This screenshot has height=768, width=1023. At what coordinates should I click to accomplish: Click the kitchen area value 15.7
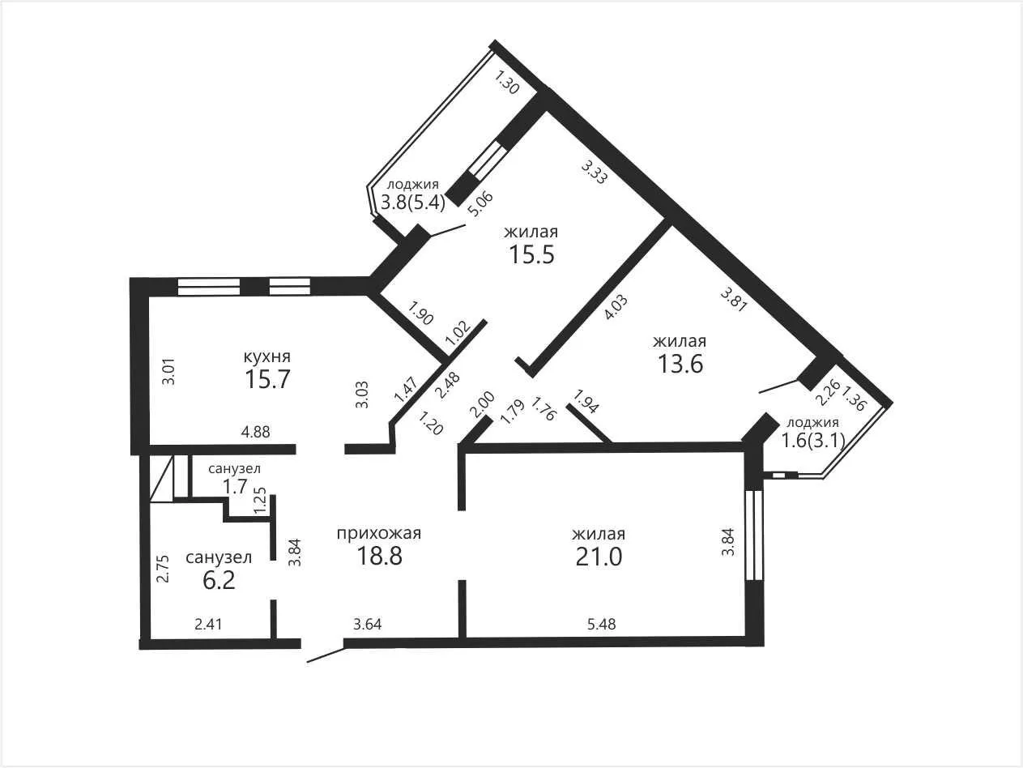267,379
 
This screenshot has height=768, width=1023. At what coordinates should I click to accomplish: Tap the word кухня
267,356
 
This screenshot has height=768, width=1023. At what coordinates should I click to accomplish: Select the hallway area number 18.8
379,556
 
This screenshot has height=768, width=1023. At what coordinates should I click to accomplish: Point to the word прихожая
379,533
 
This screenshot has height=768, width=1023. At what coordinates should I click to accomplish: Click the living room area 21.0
599,557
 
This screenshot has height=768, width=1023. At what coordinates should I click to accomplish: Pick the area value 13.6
680,364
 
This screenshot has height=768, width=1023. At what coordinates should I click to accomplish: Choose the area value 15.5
531,254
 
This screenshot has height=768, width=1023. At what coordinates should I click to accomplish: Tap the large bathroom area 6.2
219,580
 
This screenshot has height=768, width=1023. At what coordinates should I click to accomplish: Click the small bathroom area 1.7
234,487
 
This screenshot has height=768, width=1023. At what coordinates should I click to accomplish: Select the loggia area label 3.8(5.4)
413,203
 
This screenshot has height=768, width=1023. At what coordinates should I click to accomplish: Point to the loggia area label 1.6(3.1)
813,440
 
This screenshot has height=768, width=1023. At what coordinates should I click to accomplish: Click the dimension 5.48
601,624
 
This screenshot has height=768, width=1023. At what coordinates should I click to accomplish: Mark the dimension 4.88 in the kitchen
255,432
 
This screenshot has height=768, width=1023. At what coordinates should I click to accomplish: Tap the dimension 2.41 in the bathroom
208,624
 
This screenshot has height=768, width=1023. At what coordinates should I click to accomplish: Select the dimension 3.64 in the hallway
367,624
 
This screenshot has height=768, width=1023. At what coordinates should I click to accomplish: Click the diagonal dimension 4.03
616,308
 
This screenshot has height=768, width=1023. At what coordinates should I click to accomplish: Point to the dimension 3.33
595,172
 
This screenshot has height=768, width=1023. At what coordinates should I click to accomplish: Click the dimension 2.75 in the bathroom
163,568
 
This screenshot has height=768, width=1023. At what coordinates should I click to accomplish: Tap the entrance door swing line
326,655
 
